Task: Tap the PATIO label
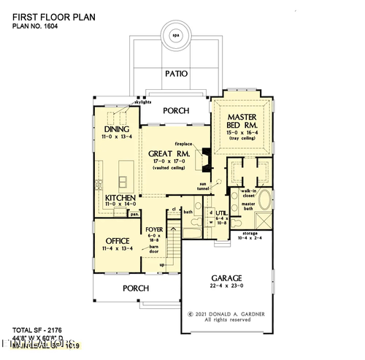[175, 74]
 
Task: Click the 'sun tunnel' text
[207, 188]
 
